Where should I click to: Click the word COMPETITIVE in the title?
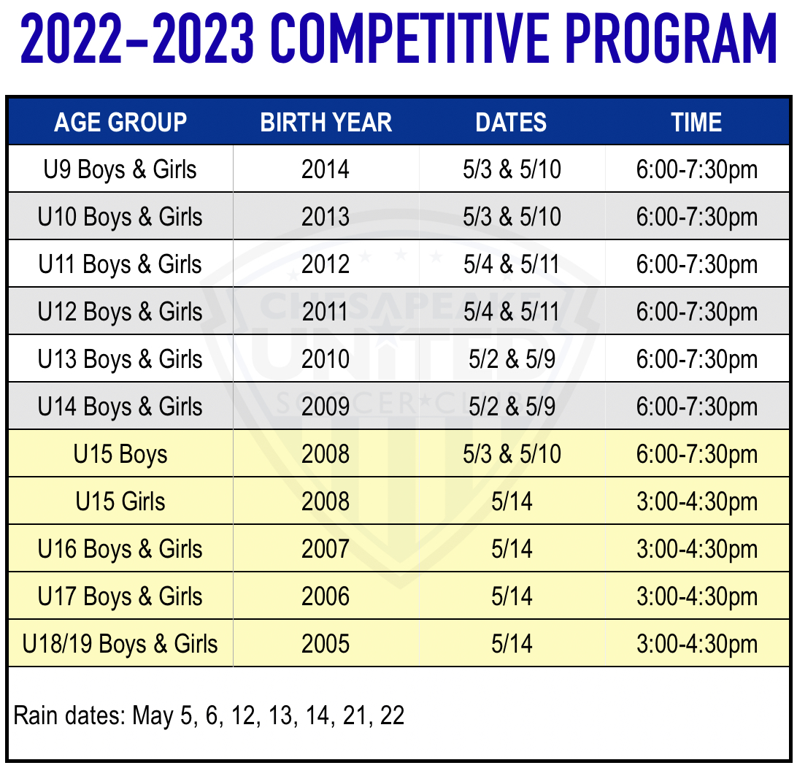pos(409,39)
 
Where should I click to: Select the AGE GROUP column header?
pos(120,123)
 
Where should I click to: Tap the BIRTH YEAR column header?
pos(326,123)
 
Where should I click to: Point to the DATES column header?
pos(511,123)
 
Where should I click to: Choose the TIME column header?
pos(696,123)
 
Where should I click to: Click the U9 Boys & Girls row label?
pos(120,170)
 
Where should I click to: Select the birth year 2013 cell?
pos(326,217)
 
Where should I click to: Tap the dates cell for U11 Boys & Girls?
pos(512,264)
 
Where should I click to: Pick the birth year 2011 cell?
pos(326,312)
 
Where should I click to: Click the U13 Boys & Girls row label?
pos(120,359)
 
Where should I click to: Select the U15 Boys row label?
pos(120,454)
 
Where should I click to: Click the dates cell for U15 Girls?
pos(512,502)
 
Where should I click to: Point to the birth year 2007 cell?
pos(326,549)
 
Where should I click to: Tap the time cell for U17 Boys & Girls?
pos(697,596)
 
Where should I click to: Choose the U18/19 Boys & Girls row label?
pos(120,644)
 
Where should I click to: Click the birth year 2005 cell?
pos(326,644)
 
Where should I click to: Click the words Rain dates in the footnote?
pos(69,715)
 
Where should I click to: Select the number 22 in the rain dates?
pos(392,715)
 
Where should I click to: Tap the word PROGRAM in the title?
pos(671,39)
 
